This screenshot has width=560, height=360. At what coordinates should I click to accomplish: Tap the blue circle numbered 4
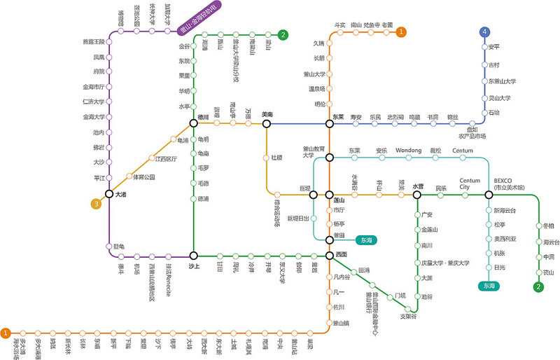click(x=484, y=32)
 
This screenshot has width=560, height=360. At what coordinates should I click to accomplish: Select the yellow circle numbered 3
click(x=97, y=204)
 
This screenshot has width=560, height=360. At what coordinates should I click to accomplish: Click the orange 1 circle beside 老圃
click(x=401, y=32)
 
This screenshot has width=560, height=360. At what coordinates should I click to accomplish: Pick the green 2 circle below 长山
click(x=538, y=286)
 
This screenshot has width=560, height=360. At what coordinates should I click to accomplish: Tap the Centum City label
click(x=469, y=183)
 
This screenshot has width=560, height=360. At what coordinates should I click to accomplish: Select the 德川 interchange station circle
click(x=194, y=124)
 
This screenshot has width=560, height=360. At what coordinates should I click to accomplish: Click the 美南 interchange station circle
click(x=266, y=124)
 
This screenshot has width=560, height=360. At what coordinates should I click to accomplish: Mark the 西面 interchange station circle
click(x=330, y=256)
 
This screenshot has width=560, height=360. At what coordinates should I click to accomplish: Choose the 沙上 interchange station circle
click(x=194, y=256)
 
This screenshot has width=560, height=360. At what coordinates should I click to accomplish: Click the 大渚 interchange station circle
click(x=110, y=194)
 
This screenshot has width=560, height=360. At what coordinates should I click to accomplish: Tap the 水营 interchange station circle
click(x=418, y=194)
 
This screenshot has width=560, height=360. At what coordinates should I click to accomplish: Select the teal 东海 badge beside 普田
click(x=367, y=240)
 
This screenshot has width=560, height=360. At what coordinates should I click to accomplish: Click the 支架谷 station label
click(x=408, y=317)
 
